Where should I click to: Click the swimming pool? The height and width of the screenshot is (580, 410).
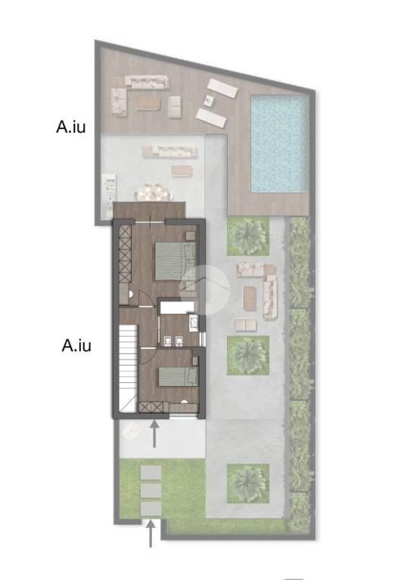coord(280,144)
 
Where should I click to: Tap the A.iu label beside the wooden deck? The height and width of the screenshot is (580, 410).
coord(71,127)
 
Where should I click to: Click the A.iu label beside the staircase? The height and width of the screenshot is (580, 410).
coord(76,345)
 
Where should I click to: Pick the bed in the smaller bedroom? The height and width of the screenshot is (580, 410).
coord(179,377)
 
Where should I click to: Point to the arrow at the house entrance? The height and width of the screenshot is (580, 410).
coord(154,433)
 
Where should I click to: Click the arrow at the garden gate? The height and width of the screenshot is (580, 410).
coord(151,533)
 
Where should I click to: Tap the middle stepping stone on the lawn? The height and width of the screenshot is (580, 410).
coord(151,491)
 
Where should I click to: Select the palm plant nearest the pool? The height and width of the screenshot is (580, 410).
coord(248,236)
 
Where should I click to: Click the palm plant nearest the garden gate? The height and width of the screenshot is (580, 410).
coord(248,483)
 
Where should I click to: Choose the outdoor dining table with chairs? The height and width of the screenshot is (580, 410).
coord(154,192)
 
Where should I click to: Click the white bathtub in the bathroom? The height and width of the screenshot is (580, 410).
coord(177,307)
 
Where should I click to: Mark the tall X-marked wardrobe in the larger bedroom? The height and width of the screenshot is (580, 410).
coord(125,254)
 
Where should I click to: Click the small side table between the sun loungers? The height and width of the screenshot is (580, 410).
coord(210,100)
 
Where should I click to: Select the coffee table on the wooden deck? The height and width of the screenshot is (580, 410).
coord(148,103)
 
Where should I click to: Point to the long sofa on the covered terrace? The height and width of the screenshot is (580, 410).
coord(170,151)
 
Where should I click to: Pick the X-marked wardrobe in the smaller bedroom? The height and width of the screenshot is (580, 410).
coord(151,407)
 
